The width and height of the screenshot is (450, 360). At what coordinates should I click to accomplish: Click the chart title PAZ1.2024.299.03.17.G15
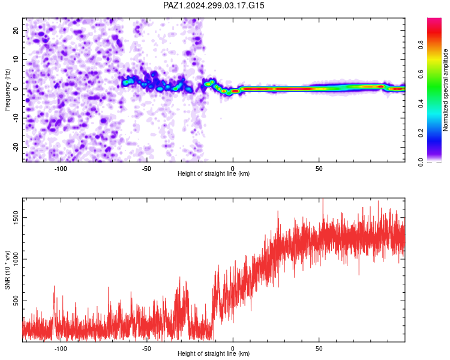coord(214,5)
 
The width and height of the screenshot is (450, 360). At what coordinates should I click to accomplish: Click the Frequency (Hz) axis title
coord(7,90)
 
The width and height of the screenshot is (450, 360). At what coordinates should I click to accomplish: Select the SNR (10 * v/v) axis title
coord(7,270)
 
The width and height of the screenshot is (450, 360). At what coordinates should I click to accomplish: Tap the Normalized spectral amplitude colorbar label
coord(445,90)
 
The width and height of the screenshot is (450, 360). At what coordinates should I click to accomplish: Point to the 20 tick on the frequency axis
coord(16,31)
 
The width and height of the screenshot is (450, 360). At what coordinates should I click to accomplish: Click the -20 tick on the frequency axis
coord(16,147)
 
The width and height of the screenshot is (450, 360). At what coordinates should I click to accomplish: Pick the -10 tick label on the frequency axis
coord(16,118)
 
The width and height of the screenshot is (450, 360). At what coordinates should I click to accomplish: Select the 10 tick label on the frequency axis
coord(16,60)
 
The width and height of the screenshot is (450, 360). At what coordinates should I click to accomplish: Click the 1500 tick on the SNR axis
coord(16,218)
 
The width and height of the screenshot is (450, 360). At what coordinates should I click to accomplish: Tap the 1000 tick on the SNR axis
coord(16,259)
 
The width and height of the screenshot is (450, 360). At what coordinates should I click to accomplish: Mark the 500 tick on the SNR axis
coord(16,301)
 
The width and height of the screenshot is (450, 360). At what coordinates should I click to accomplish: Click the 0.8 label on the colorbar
coord(421,45)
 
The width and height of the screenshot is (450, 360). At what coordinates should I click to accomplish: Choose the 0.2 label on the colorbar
coord(421,133)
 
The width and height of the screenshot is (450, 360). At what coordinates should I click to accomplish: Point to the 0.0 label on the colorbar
coord(421,162)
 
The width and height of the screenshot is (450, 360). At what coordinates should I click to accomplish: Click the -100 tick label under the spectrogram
coord(61,169)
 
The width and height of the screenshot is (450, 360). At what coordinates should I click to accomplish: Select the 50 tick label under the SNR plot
coord(319,349)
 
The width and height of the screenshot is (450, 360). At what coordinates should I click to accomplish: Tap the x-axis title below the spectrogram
coord(214,173)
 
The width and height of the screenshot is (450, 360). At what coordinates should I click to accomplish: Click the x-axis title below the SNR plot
coord(214,353)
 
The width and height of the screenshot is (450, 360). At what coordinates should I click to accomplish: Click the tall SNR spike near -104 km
coord(54,299)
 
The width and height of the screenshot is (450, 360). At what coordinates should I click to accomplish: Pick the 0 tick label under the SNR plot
coord(233,349)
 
